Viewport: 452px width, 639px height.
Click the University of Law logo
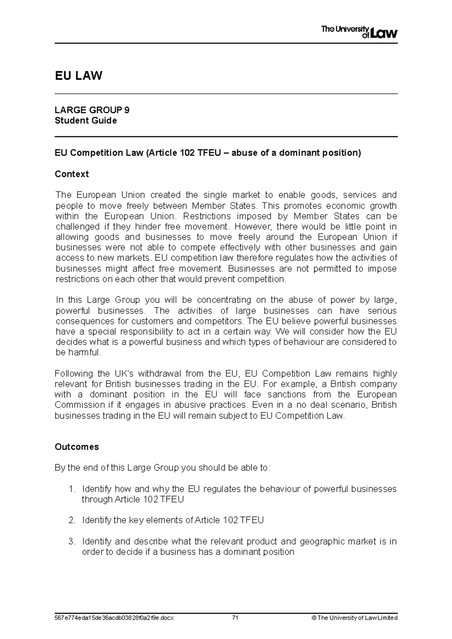pyautogui.click(x=359, y=32)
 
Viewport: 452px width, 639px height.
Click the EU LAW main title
pyautogui.click(x=78, y=76)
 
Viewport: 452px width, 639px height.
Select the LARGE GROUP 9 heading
pyautogui.click(x=92, y=110)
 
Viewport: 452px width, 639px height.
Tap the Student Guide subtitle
pyautogui.click(x=86, y=120)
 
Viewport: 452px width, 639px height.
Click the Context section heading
pyautogui.click(x=72, y=174)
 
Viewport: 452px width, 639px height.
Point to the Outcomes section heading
pyautogui.click(x=76, y=447)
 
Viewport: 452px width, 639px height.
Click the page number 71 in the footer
pyautogui.click(x=236, y=618)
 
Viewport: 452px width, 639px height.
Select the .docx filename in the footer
pyautogui.click(x=114, y=618)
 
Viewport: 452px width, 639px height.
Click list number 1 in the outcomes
pyautogui.click(x=72, y=489)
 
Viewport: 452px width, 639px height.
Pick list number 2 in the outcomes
pyautogui.click(x=72, y=520)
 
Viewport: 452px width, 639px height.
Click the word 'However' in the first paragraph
pyautogui.click(x=253, y=227)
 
